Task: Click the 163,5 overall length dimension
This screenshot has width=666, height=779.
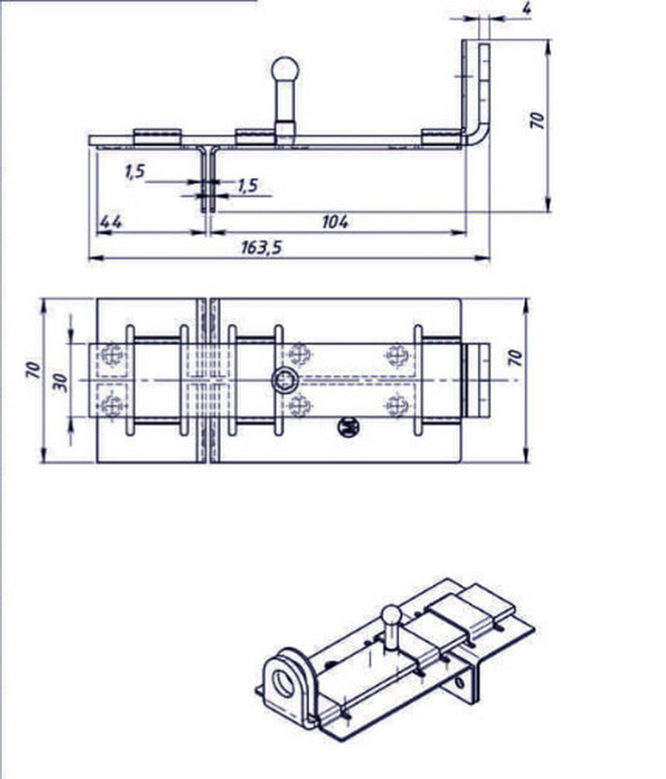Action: tap(262, 247)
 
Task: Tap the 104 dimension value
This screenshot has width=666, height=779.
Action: tap(335, 222)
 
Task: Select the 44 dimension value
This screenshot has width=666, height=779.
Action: tap(111, 222)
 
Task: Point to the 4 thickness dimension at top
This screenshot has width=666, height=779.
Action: tap(527, 9)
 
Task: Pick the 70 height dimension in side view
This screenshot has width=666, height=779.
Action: tap(537, 120)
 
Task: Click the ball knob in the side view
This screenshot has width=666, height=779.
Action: tap(285, 70)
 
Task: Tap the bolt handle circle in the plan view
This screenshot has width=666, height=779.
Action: tap(285, 381)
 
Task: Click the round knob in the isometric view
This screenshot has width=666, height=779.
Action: tap(391, 615)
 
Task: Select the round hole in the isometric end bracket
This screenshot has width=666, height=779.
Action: tap(283, 683)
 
